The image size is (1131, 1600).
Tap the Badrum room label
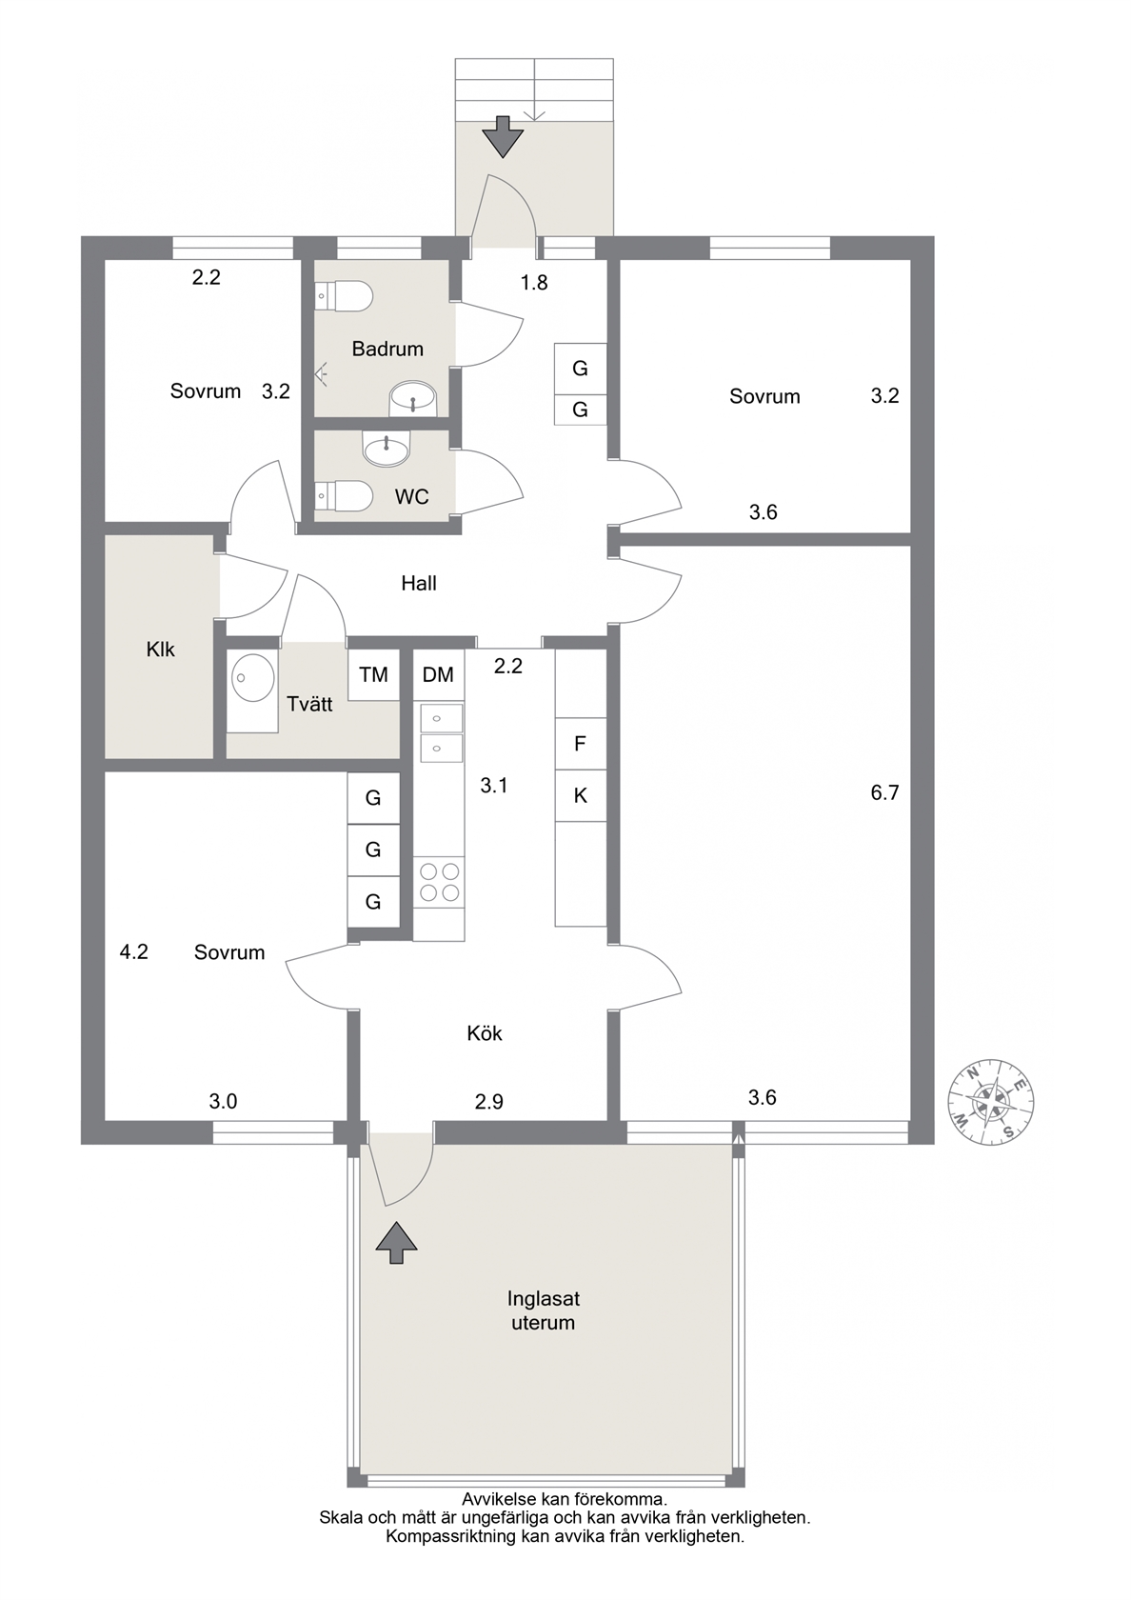pos(387,350)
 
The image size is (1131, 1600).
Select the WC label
pos(412,496)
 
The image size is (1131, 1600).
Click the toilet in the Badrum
pos(344,295)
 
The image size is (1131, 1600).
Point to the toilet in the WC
pos(344,495)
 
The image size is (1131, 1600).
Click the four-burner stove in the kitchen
pos(438,882)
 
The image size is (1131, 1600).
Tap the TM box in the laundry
pos(373,674)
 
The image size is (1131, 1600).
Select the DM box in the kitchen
pos(438,674)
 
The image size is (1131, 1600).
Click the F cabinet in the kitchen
pos(581,744)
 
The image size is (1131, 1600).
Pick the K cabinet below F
pos(581,796)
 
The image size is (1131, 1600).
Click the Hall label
pos(419,584)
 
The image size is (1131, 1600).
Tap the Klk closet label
pos(160,650)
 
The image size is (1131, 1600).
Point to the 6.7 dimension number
pos(884,792)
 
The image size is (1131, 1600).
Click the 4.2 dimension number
pos(133,952)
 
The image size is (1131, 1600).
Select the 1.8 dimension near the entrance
pos(534,283)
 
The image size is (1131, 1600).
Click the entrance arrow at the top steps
pos(503,136)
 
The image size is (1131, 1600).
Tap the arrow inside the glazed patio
pos(396,1243)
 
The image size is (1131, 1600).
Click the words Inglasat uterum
pos(544,1310)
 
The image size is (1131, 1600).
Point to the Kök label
pos(484,1033)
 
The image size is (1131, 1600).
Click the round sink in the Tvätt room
pos(254,676)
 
